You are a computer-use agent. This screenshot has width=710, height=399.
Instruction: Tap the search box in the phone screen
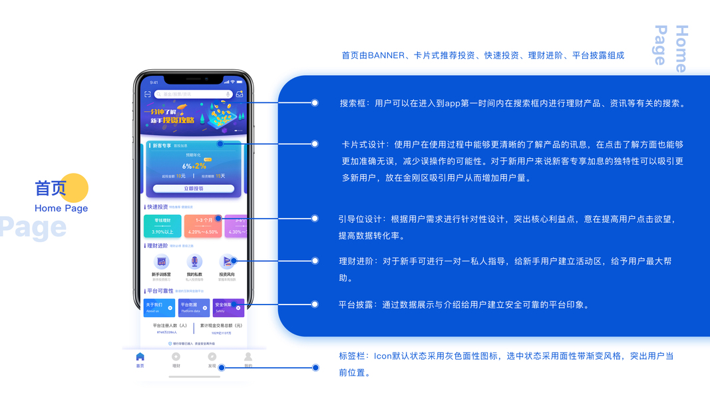(x=193, y=94)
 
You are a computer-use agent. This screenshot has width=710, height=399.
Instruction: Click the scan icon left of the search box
(x=147, y=94)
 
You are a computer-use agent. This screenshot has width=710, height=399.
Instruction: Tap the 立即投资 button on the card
(x=193, y=188)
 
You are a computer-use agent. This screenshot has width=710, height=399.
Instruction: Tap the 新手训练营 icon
(x=161, y=262)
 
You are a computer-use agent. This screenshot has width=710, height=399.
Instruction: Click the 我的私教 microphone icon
(x=194, y=262)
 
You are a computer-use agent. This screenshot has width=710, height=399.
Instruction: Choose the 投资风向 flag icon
(x=227, y=262)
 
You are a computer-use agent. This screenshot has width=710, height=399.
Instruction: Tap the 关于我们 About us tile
(x=159, y=307)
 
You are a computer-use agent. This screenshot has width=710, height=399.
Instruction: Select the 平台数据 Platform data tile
(x=194, y=307)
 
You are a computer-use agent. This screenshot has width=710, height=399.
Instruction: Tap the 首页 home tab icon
(x=140, y=357)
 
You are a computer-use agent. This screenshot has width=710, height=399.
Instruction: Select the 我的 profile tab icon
(x=248, y=357)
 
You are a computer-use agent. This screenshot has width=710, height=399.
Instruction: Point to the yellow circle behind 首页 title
(x=75, y=188)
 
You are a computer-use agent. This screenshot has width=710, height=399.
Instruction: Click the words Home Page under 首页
(x=61, y=208)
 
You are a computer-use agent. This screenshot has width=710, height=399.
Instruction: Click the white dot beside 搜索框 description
(x=315, y=103)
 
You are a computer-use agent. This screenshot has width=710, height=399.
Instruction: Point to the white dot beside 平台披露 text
(x=315, y=305)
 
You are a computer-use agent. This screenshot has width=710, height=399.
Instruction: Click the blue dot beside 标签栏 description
(x=315, y=367)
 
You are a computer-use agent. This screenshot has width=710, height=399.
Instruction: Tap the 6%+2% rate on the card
(x=194, y=166)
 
